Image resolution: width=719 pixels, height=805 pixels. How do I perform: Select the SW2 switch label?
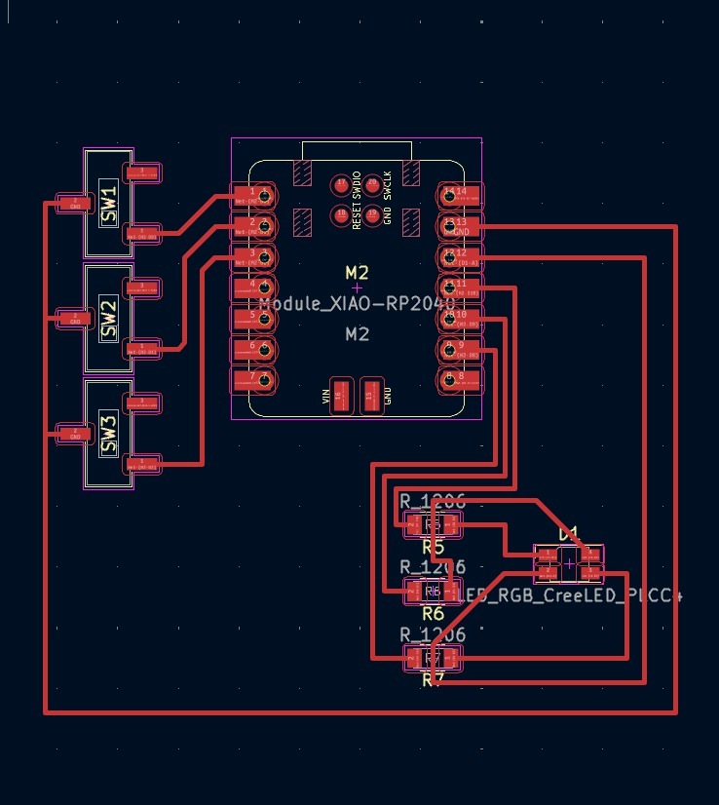[x=108, y=319]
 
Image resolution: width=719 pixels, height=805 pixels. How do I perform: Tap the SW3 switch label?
[x=108, y=435]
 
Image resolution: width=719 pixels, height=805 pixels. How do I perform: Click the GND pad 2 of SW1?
[x=72, y=203]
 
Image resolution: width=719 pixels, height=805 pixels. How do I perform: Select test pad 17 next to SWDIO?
[x=342, y=184]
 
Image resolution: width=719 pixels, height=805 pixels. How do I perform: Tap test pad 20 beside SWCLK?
[x=371, y=184]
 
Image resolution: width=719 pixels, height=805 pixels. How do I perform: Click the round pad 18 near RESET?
[x=342, y=213]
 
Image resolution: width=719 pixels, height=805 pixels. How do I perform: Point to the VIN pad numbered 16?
[x=340, y=396]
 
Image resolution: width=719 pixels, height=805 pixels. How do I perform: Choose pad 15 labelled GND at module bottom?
[x=369, y=396]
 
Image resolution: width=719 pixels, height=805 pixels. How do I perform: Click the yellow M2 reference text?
[x=358, y=272]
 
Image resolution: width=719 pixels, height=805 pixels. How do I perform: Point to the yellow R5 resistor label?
[x=433, y=547]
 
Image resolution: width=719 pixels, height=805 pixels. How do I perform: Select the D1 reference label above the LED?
[x=568, y=533]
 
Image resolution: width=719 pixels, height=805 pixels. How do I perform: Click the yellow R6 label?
[x=433, y=613]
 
